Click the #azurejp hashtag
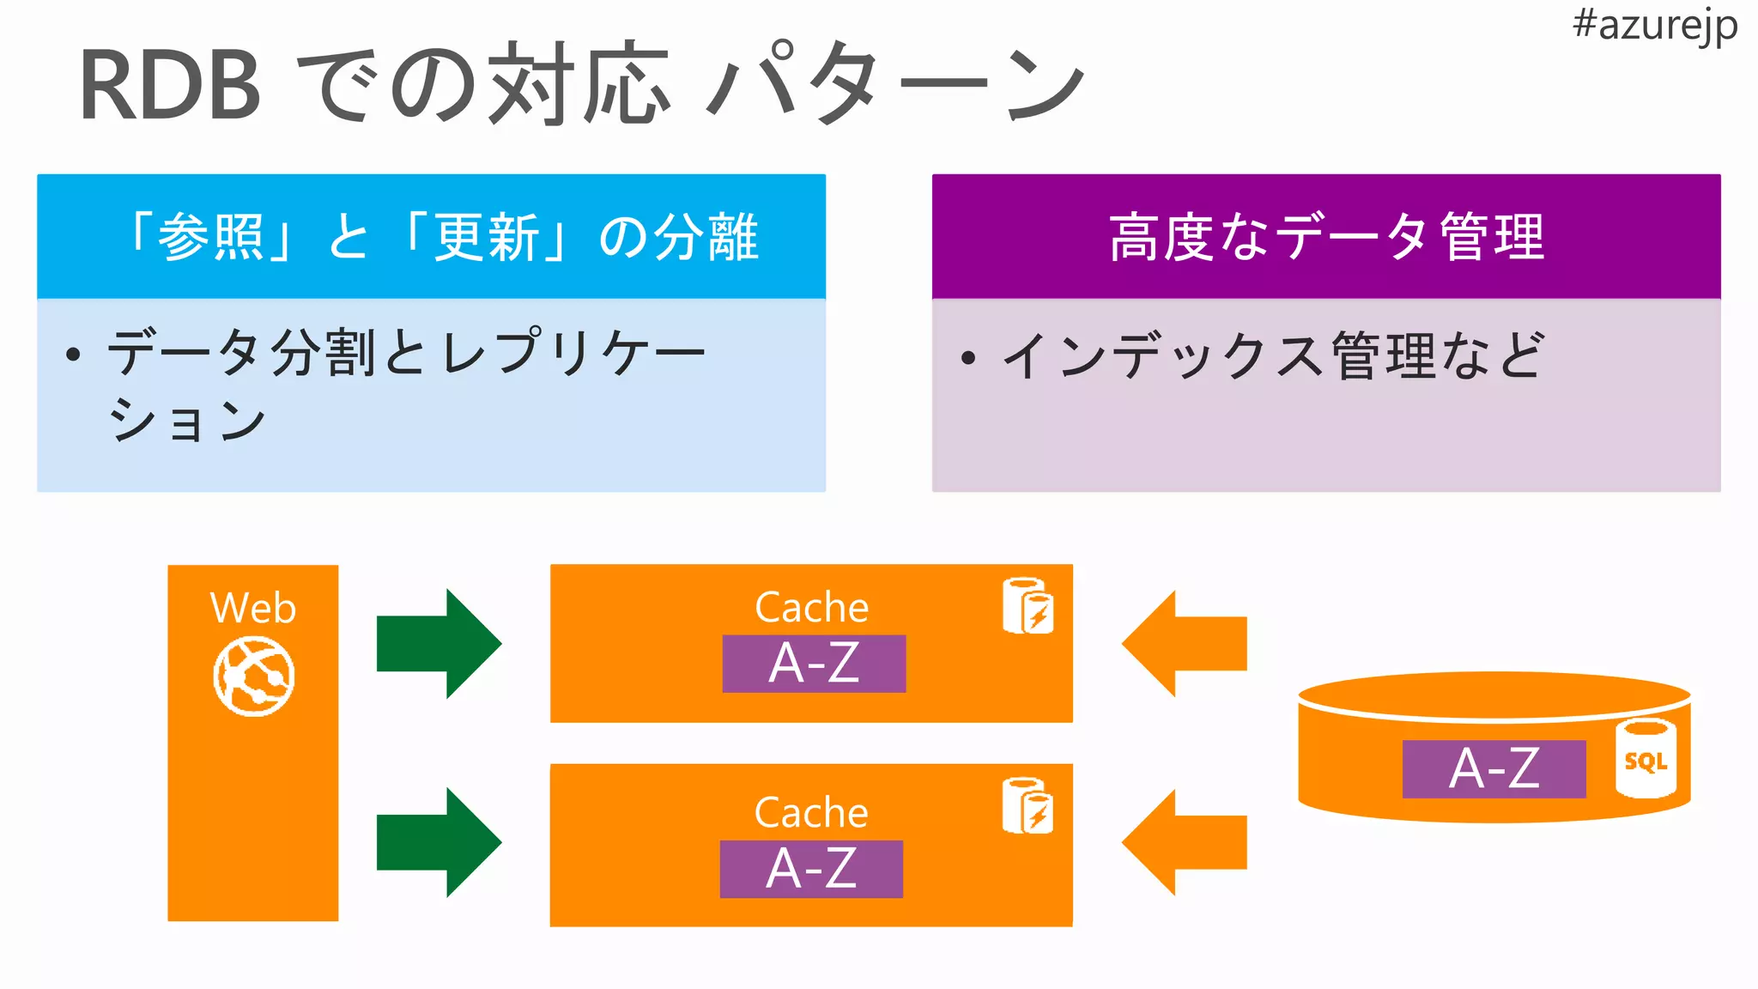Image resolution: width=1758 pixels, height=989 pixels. coord(1654,26)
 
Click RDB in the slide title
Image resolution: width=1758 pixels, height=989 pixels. coord(170,86)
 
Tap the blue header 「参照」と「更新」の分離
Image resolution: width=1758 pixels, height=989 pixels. coord(431,237)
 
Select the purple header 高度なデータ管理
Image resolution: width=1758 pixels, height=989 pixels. coord(1325,237)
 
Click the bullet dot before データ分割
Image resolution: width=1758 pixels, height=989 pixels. coord(73,355)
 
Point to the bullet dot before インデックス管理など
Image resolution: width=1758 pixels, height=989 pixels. coord(968,357)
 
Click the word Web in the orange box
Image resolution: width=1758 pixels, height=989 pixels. coord(253,608)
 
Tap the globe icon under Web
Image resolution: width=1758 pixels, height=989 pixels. coord(253,677)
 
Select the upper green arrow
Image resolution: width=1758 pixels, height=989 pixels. coord(439,644)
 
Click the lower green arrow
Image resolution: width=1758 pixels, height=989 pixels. coord(439,842)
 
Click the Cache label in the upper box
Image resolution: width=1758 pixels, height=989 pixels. coord(811,608)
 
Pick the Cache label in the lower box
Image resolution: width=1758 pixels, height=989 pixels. coord(811,812)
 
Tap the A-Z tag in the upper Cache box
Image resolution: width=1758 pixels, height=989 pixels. coord(814,664)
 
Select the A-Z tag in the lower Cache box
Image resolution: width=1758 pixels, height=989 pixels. coord(811,869)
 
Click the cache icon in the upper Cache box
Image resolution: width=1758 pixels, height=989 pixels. coord(1028,606)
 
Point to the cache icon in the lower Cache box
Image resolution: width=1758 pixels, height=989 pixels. coord(1028,806)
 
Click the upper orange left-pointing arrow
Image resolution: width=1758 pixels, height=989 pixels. coord(1184,644)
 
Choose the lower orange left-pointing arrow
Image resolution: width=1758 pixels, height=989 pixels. coord(1184,842)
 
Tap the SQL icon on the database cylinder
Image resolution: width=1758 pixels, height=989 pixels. coord(1646,760)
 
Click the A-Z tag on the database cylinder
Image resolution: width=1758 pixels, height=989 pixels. coord(1494,768)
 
